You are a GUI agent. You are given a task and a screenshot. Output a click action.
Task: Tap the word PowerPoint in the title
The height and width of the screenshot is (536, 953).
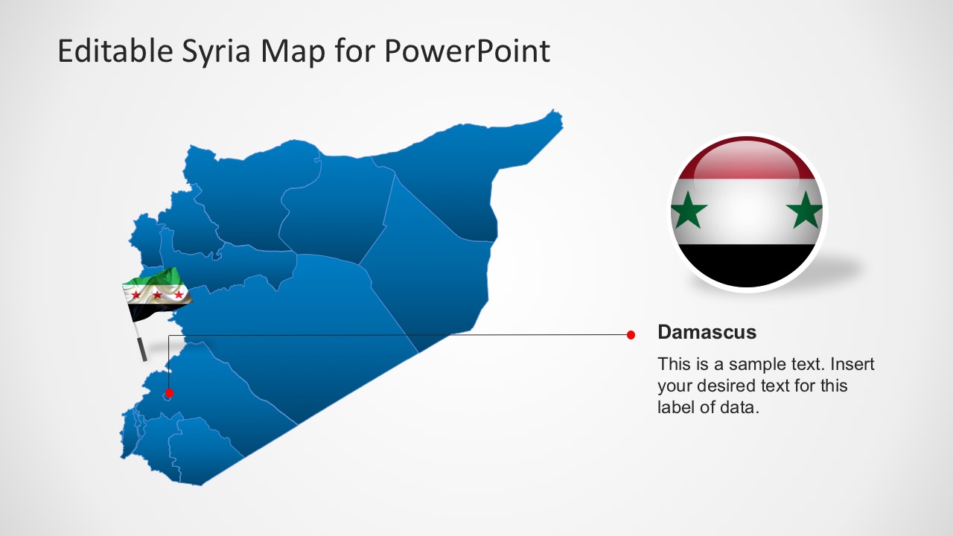[x=468, y=51]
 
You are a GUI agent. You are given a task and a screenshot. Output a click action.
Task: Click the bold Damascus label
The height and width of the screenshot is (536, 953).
[x=707, y=332]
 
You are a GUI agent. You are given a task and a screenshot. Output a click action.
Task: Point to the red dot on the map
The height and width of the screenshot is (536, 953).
[x=169, y=392]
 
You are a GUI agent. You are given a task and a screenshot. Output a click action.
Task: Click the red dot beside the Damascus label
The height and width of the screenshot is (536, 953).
[x=631, y=335]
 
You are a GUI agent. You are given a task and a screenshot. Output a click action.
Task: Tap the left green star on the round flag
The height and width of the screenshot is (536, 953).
[x=689, y=211]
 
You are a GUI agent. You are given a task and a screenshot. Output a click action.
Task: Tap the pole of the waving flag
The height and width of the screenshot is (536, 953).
[x=141, y=347]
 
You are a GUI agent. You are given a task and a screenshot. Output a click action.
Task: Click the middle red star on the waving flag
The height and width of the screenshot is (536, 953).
[x=157, y=295]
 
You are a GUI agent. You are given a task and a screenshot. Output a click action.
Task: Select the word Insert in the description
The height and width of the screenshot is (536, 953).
[x=852, y=365]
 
